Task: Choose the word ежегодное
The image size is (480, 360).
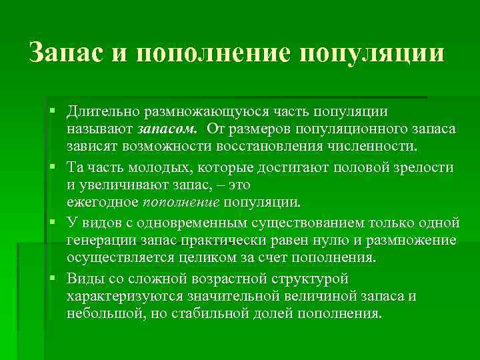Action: (x=102, y=201)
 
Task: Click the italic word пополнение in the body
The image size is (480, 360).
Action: (x=181, y=201)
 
